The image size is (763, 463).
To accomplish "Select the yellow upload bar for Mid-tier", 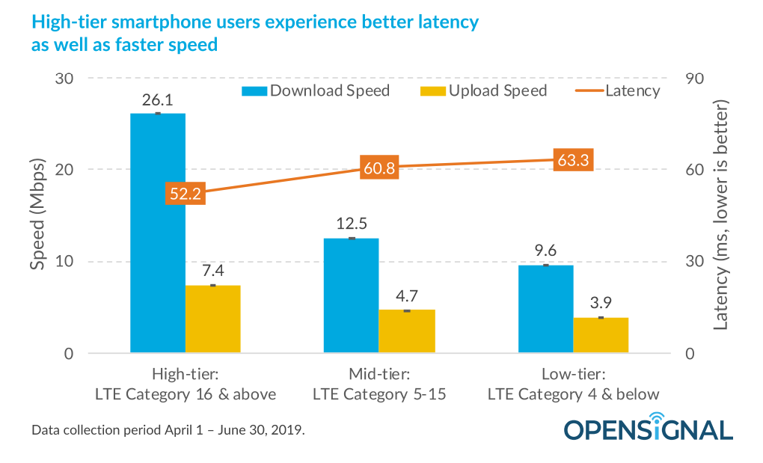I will click(406, 331).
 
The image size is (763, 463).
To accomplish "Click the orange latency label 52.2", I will click(186, 194).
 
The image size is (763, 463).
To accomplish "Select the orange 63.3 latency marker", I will click(574, 159).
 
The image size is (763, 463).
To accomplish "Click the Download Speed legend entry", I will click(315, 91).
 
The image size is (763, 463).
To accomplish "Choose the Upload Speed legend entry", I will click(484, 91).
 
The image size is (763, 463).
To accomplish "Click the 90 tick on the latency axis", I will click(695, 79).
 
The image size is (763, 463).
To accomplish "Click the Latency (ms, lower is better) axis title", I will click(722, 218).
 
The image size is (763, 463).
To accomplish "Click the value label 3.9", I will click(601, 304).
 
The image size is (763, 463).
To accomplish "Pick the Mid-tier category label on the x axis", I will click(379, 383).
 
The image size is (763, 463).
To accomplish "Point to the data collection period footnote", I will click(168, 431).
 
